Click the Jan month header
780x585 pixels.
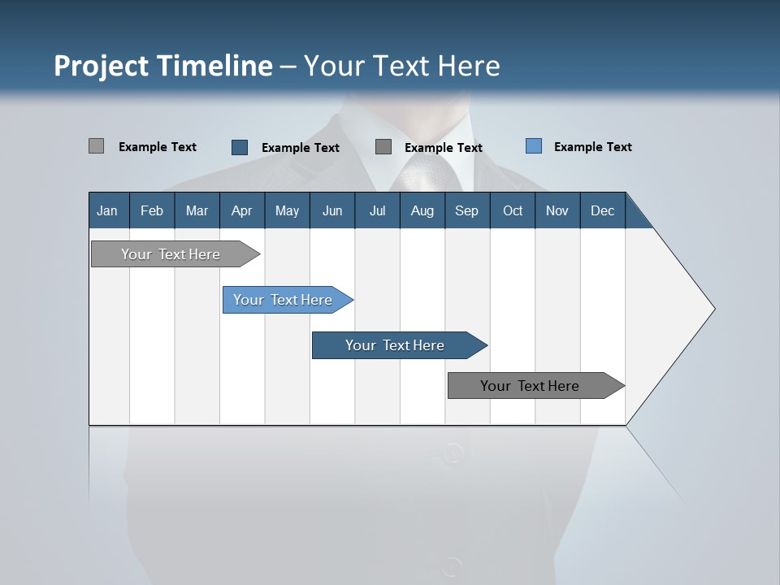click(x=108, y=210)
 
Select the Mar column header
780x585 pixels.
click(x=197, y=210)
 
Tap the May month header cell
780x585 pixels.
click(x=287, y=210)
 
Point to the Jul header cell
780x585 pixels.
click(x=377, y=210)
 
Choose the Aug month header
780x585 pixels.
click(x=422, y=210)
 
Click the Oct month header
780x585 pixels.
click(x=512, y=210)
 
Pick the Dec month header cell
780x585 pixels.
click(x=602, y=210)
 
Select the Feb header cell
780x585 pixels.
click(x=152, y=210)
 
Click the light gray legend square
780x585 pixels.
click(x=96, y=146)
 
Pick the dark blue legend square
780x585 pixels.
click(x=240, y=147)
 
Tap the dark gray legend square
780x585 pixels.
click(x=383, y=147)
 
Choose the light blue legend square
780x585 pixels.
click(x=534, y=146)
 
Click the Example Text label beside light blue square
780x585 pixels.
click(x=592, y=147)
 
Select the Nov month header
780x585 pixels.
click(x=557, y=210)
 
